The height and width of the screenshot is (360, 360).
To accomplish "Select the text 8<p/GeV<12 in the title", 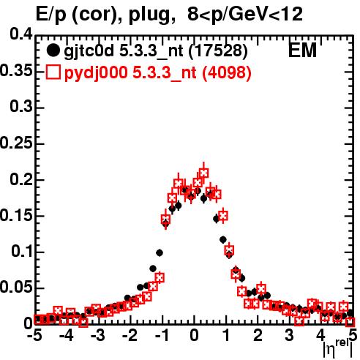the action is click(245, 15).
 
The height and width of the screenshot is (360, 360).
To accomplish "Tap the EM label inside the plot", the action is click(302, 50).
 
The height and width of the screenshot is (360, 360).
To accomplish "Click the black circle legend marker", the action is click(53, 50).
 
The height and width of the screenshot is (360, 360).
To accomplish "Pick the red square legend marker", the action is click(53, 72).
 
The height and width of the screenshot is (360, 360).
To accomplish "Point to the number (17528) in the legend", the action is click(219, 51).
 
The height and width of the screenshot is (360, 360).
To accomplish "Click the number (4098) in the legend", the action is click(227, 72).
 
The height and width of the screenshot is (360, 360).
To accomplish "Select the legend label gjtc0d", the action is click(89, 51).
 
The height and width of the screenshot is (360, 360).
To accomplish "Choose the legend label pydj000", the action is click(96, 73).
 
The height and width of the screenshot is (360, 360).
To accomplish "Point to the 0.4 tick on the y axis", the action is click(21, 34).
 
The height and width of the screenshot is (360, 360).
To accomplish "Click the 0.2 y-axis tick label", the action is click(21, 179).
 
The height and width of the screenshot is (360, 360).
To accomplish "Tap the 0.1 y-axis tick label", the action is click(22, 252).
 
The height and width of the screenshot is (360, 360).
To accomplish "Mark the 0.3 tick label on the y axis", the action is click(21, 107).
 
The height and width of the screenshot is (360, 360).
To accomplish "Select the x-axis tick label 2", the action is click(258, 336).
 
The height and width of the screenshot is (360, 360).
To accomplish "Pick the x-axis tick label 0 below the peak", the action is click(194, 336).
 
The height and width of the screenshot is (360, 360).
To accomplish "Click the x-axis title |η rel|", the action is click(338, 348).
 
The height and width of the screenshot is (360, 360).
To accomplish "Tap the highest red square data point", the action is click(203, 173).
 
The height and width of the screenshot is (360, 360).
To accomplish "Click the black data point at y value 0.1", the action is click(160, 253).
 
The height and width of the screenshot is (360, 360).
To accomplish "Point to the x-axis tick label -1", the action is click(162, 336).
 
